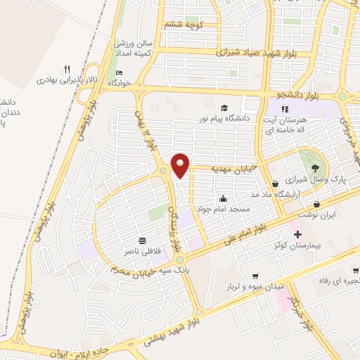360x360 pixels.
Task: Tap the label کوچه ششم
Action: [184, 25]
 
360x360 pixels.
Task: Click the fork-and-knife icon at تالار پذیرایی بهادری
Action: [67, 69]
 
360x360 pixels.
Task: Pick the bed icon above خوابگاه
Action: [119, 72]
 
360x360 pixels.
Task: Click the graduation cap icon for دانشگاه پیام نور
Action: [224, 108]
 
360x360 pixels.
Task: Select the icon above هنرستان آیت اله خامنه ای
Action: [285, 109]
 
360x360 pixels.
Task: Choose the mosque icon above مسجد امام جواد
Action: [223, 199]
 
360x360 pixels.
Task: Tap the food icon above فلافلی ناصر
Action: [143, 239]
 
